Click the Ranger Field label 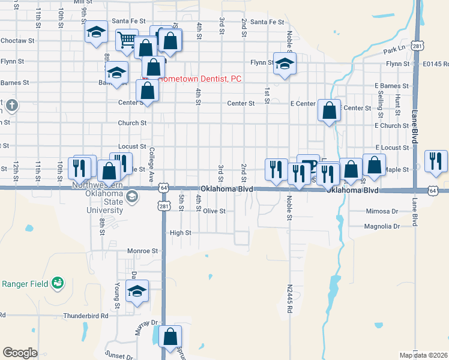[x=23, y=283]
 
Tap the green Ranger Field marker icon [x=58, y=282]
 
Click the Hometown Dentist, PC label [x=199, y=79]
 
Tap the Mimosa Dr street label [x=382, y=211]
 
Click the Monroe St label [x=142, y=251]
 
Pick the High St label [x=180, y=233]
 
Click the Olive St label [x=214, y=211]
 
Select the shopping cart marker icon [x=127, y=40]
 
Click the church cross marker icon [x=11, y=106]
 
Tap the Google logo [x=20, y=353]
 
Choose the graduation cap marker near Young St [x=138, y=292]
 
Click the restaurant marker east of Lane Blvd [x=436, y=160]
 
